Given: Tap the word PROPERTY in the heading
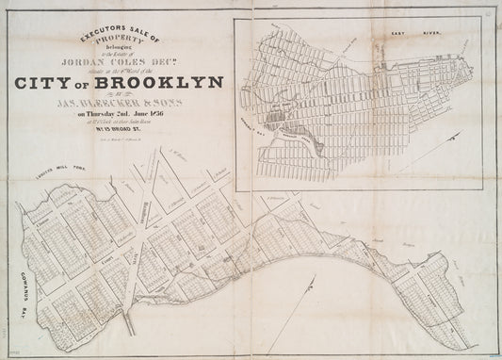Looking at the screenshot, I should (125, 44).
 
